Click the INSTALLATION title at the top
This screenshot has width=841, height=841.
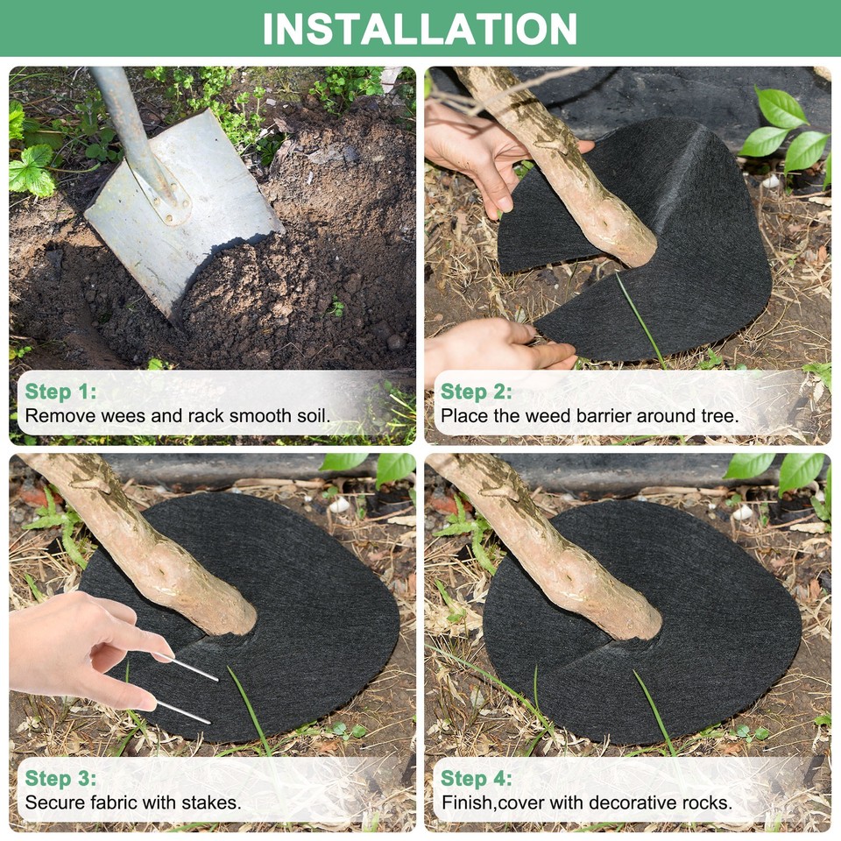(420, 28)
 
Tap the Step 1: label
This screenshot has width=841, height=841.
(60, 392)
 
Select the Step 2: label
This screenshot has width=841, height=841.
(477, 392)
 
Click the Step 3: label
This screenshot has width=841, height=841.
(60, 778)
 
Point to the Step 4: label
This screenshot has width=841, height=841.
(477, 778)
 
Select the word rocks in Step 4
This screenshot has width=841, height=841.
(706, 802)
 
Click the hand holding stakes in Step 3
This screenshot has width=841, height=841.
(79, 644)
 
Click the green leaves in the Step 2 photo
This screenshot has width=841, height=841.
(784, 131)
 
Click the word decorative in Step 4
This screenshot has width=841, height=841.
(627, 802)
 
